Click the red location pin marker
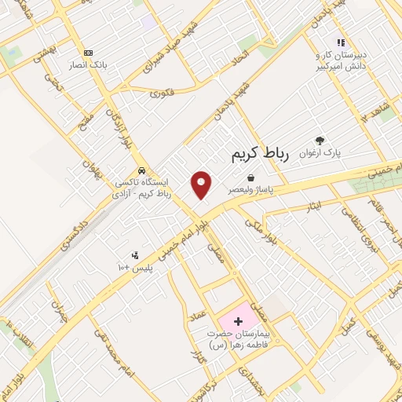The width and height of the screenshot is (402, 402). [202, 185]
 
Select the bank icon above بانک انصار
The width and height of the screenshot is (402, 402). [87, 51]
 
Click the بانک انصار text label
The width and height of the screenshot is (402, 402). [86, 64]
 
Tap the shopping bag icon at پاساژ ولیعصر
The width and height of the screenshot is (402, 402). [250, 178]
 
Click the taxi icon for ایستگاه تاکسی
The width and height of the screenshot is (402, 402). [141, 170]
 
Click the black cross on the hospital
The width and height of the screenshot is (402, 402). [239, 321]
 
